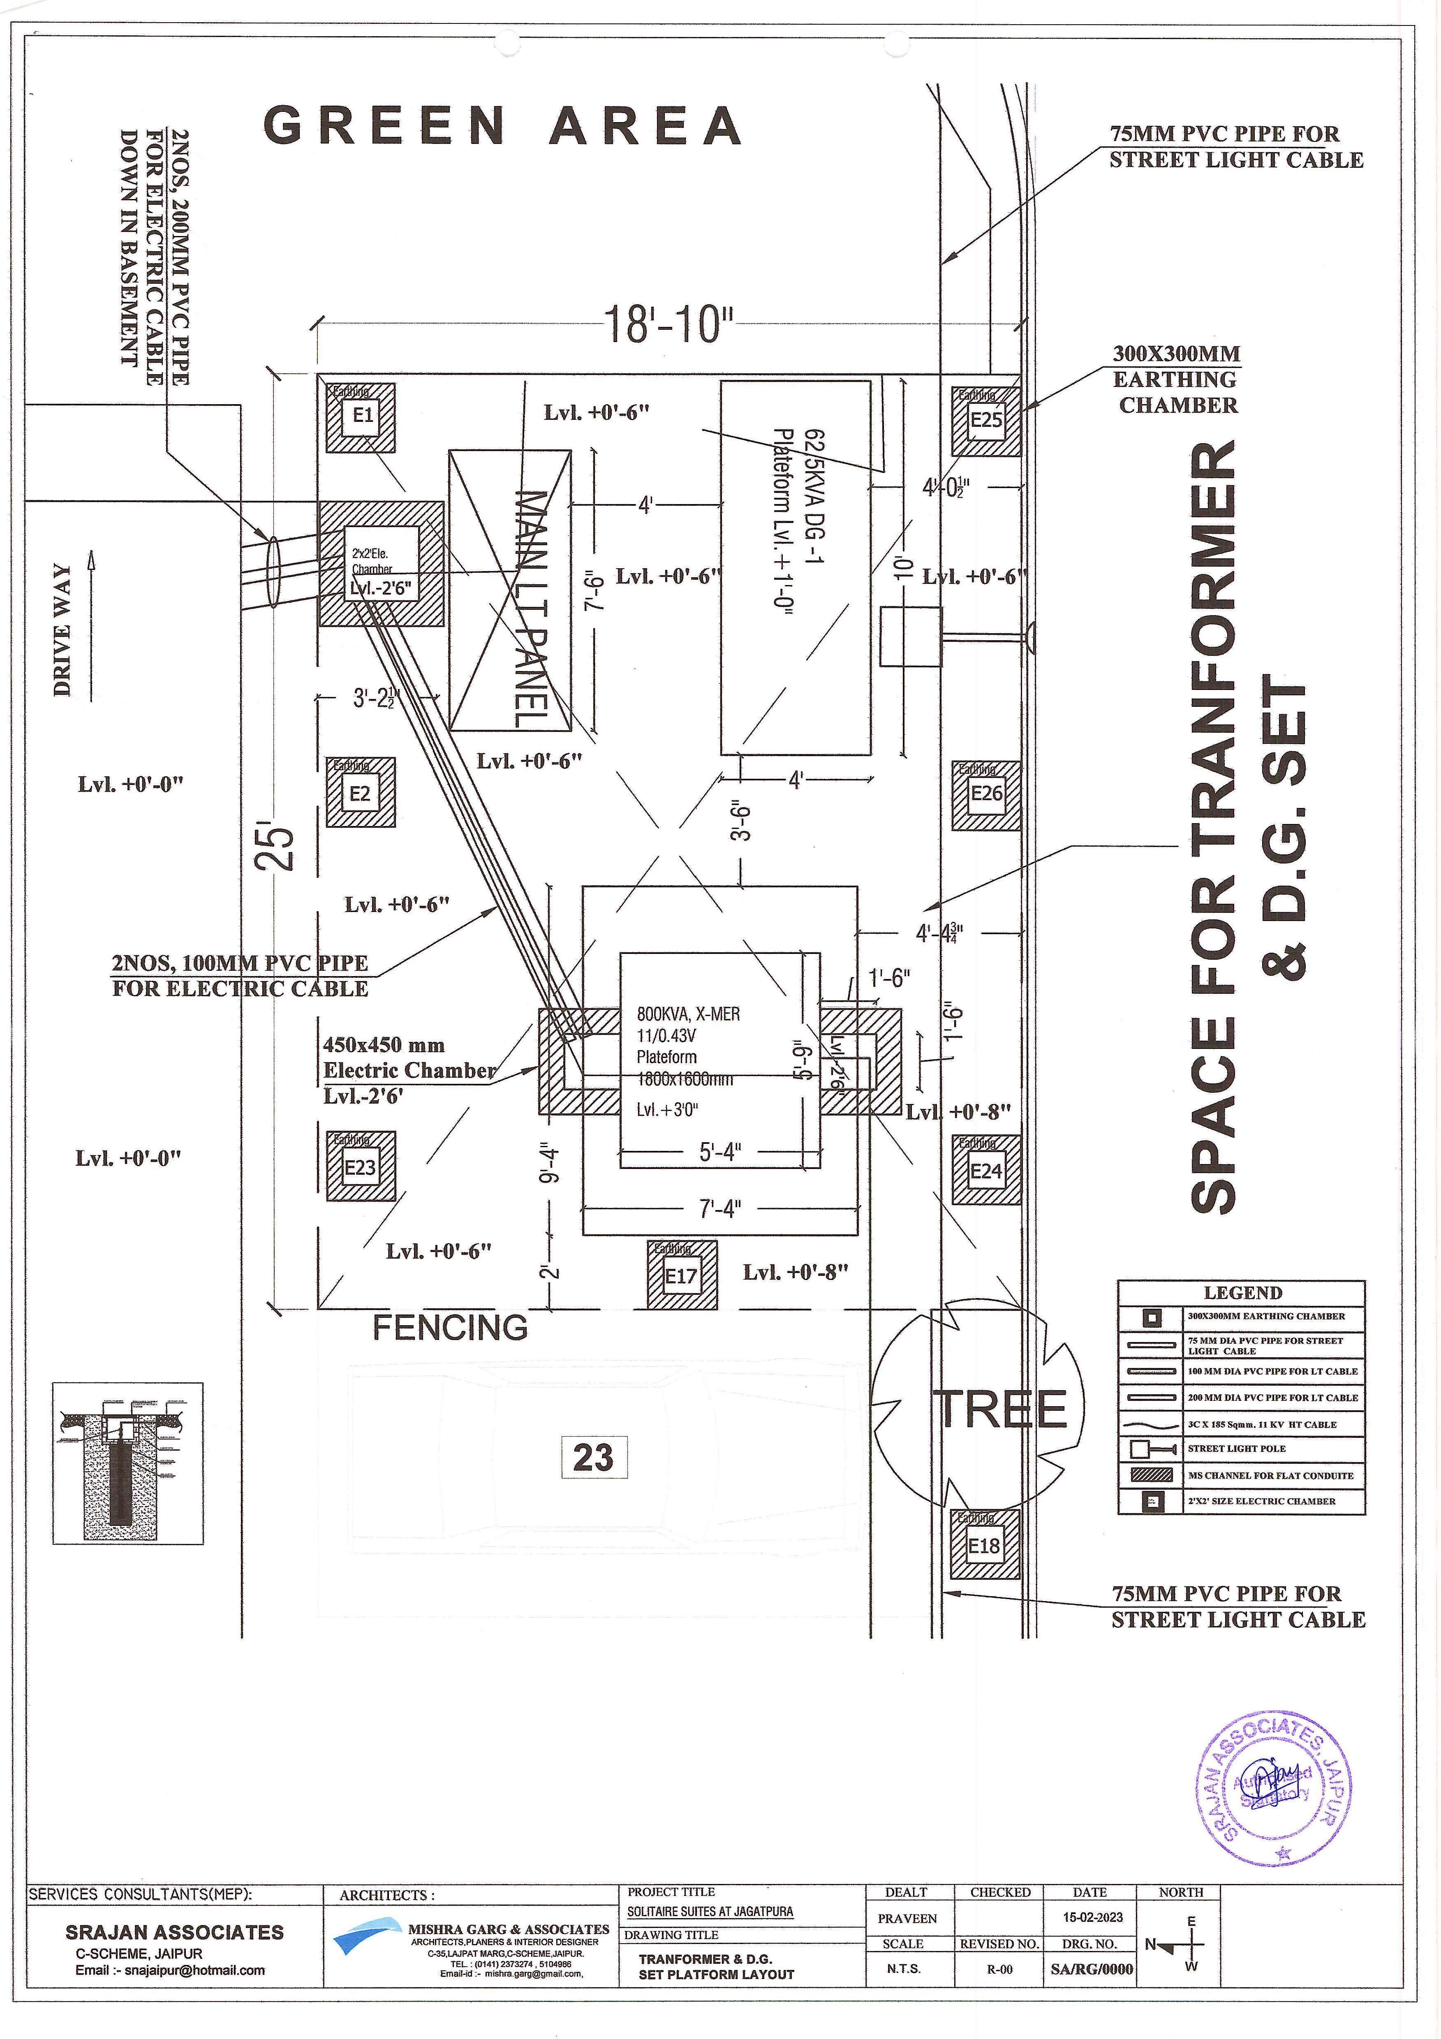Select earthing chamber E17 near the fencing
tap(681, 1276)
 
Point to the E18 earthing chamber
tap(984, 1546)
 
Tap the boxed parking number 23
tap(594, 1457)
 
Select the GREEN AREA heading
tap(502, 126)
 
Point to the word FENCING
tap(450, 1328)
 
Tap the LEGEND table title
tap(1242, 1293)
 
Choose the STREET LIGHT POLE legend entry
tap(1236, 1449)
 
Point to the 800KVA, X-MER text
tap(688, 1014)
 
